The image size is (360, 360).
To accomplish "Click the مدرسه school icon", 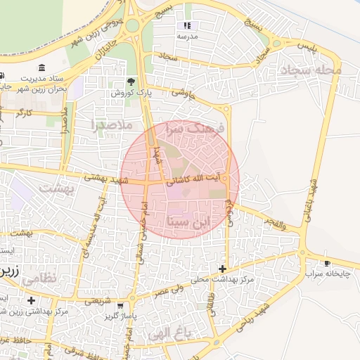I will point(187,25).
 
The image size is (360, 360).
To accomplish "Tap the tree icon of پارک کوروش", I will point(130,82).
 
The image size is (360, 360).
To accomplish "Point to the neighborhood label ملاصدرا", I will point(112,125).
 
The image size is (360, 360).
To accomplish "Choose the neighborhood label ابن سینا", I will point(190,222).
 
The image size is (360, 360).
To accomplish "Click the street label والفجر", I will point(273,224).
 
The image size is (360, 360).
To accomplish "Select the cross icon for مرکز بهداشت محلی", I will point(222,269).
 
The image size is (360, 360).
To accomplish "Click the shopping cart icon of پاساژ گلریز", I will point(120,306).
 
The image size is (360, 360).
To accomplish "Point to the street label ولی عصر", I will point(172,288).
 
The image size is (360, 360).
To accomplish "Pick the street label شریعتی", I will point(97,301).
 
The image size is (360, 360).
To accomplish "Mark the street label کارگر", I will point(26,112).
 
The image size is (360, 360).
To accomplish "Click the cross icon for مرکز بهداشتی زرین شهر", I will point(31,300).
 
